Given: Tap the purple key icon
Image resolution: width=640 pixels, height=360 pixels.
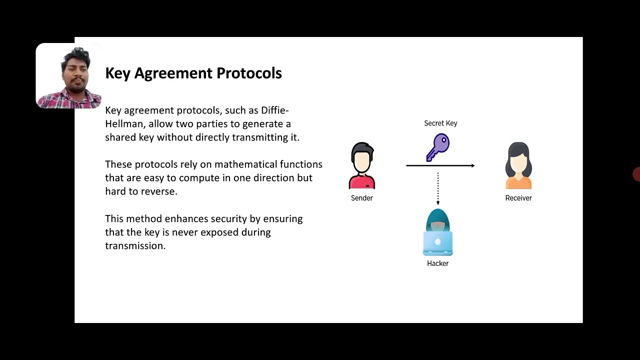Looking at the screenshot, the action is pos(438,147).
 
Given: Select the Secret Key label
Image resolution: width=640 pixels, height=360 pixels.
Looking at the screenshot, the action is pos(440,123).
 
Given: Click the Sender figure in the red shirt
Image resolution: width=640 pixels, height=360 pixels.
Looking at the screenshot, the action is pos(362,165).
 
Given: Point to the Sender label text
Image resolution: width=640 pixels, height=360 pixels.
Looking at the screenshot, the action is pos(362,198).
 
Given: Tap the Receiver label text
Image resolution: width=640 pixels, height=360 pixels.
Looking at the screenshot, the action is pos(518,198).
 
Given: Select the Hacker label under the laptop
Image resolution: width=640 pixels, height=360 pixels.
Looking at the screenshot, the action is pos(438,263).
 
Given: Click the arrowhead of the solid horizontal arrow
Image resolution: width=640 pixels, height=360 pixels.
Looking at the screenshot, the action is pos(472,165).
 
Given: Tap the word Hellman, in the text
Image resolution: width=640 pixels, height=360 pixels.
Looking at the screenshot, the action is pos(125,124).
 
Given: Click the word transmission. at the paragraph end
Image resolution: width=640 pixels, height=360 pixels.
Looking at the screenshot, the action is pos(135,246).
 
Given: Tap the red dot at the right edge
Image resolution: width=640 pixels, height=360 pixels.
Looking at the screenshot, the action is pos(636,174).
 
